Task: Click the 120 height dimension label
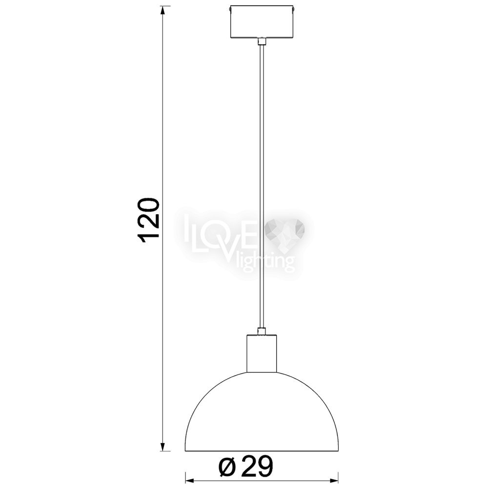tap(149, 220)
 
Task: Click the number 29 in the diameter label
tap(257, 467)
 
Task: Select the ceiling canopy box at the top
tap(262, 22)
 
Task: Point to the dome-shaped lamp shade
tap(262, 410)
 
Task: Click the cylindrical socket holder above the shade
tap(262, 353)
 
